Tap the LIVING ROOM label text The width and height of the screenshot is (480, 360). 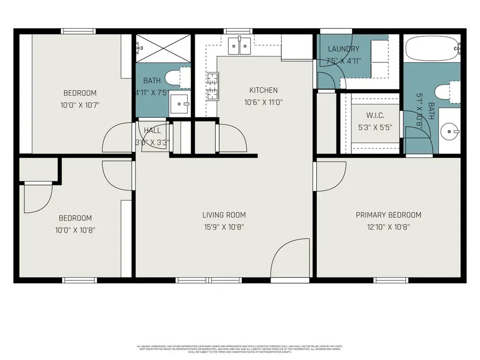pos(223,215)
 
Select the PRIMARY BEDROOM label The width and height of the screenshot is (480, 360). pos(388,215)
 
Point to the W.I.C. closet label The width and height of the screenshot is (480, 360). pos(375,116)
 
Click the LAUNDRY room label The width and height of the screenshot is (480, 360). pos(343,49)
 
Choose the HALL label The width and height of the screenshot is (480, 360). pos(152,130)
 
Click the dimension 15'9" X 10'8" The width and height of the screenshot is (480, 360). pos(223,228)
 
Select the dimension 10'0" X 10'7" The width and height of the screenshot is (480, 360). pos(80,106)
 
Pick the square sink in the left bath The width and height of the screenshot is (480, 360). pos(180,105)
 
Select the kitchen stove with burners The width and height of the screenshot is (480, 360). pos(212,85)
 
